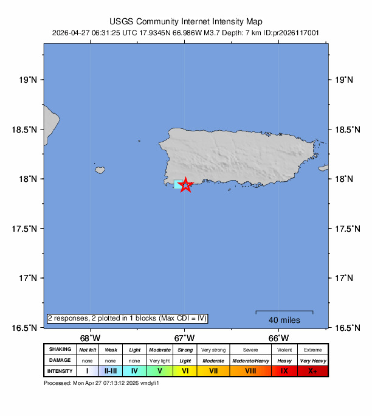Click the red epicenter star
click(x=186, y=185)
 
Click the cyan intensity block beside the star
click(x=177, y=184)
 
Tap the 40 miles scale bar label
click(x=284, y=320)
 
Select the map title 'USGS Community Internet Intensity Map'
click(x=186, y=21)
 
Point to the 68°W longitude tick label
click(x=91, y=338)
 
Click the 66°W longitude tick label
click(x=278, y=338)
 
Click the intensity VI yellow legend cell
click(x=185, y=370)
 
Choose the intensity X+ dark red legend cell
click(x=312, y=370)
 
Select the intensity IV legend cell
click(x=134, y=370)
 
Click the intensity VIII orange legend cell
click(x=250, y=370)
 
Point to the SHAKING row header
click(x=60, y=350)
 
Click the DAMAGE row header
click(x=60, y=360)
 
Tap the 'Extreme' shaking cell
click(x=312, y=350)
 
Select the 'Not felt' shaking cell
click(x=88, y=350)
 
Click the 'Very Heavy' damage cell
click(x=312, y=360)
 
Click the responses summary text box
click(x=128, y=318)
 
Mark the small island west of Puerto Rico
click(x=99, y=170)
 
